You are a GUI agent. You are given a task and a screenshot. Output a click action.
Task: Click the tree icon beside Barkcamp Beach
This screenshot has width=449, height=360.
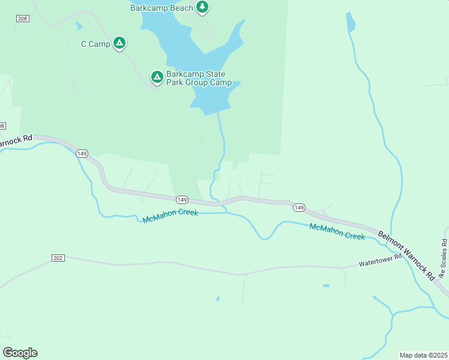coord(203,7)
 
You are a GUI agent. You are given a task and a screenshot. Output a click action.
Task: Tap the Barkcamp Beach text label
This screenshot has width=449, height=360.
coord(161,8)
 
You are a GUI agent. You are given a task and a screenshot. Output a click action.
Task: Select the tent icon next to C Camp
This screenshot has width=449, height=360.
coord(119,43)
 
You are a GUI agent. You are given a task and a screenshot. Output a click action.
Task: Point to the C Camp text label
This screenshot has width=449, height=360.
coord(95,44)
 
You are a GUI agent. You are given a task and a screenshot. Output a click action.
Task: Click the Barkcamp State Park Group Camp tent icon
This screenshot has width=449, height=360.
coord(157,77)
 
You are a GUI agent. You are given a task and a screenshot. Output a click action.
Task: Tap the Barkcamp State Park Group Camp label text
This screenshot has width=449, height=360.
coord(199,79)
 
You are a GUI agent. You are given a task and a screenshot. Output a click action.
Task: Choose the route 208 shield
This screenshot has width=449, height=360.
coord(23,19)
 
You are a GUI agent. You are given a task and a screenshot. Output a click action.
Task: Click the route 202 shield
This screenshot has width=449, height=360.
coord(58,258)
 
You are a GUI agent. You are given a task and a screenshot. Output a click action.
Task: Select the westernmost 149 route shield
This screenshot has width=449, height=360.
coord(82,154)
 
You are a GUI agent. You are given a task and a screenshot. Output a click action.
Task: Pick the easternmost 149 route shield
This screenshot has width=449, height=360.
coord(299,208)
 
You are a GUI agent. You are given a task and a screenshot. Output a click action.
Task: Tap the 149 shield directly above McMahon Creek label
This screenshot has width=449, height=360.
coord(182,199)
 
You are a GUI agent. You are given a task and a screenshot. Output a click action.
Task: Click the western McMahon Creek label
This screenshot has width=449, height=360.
coord(170,217)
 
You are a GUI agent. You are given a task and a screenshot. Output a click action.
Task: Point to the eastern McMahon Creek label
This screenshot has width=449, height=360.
coord(337,231)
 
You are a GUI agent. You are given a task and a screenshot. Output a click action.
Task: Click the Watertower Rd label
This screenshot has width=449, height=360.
coord(379,263)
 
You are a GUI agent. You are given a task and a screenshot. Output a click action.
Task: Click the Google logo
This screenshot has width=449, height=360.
coord(20,352)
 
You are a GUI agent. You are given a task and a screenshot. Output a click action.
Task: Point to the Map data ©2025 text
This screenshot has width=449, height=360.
coord(423,355)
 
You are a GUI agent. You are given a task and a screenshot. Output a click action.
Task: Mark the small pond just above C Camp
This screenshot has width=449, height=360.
coord(79,26)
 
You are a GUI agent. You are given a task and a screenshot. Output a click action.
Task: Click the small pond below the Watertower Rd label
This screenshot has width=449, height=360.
coord(325,286)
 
